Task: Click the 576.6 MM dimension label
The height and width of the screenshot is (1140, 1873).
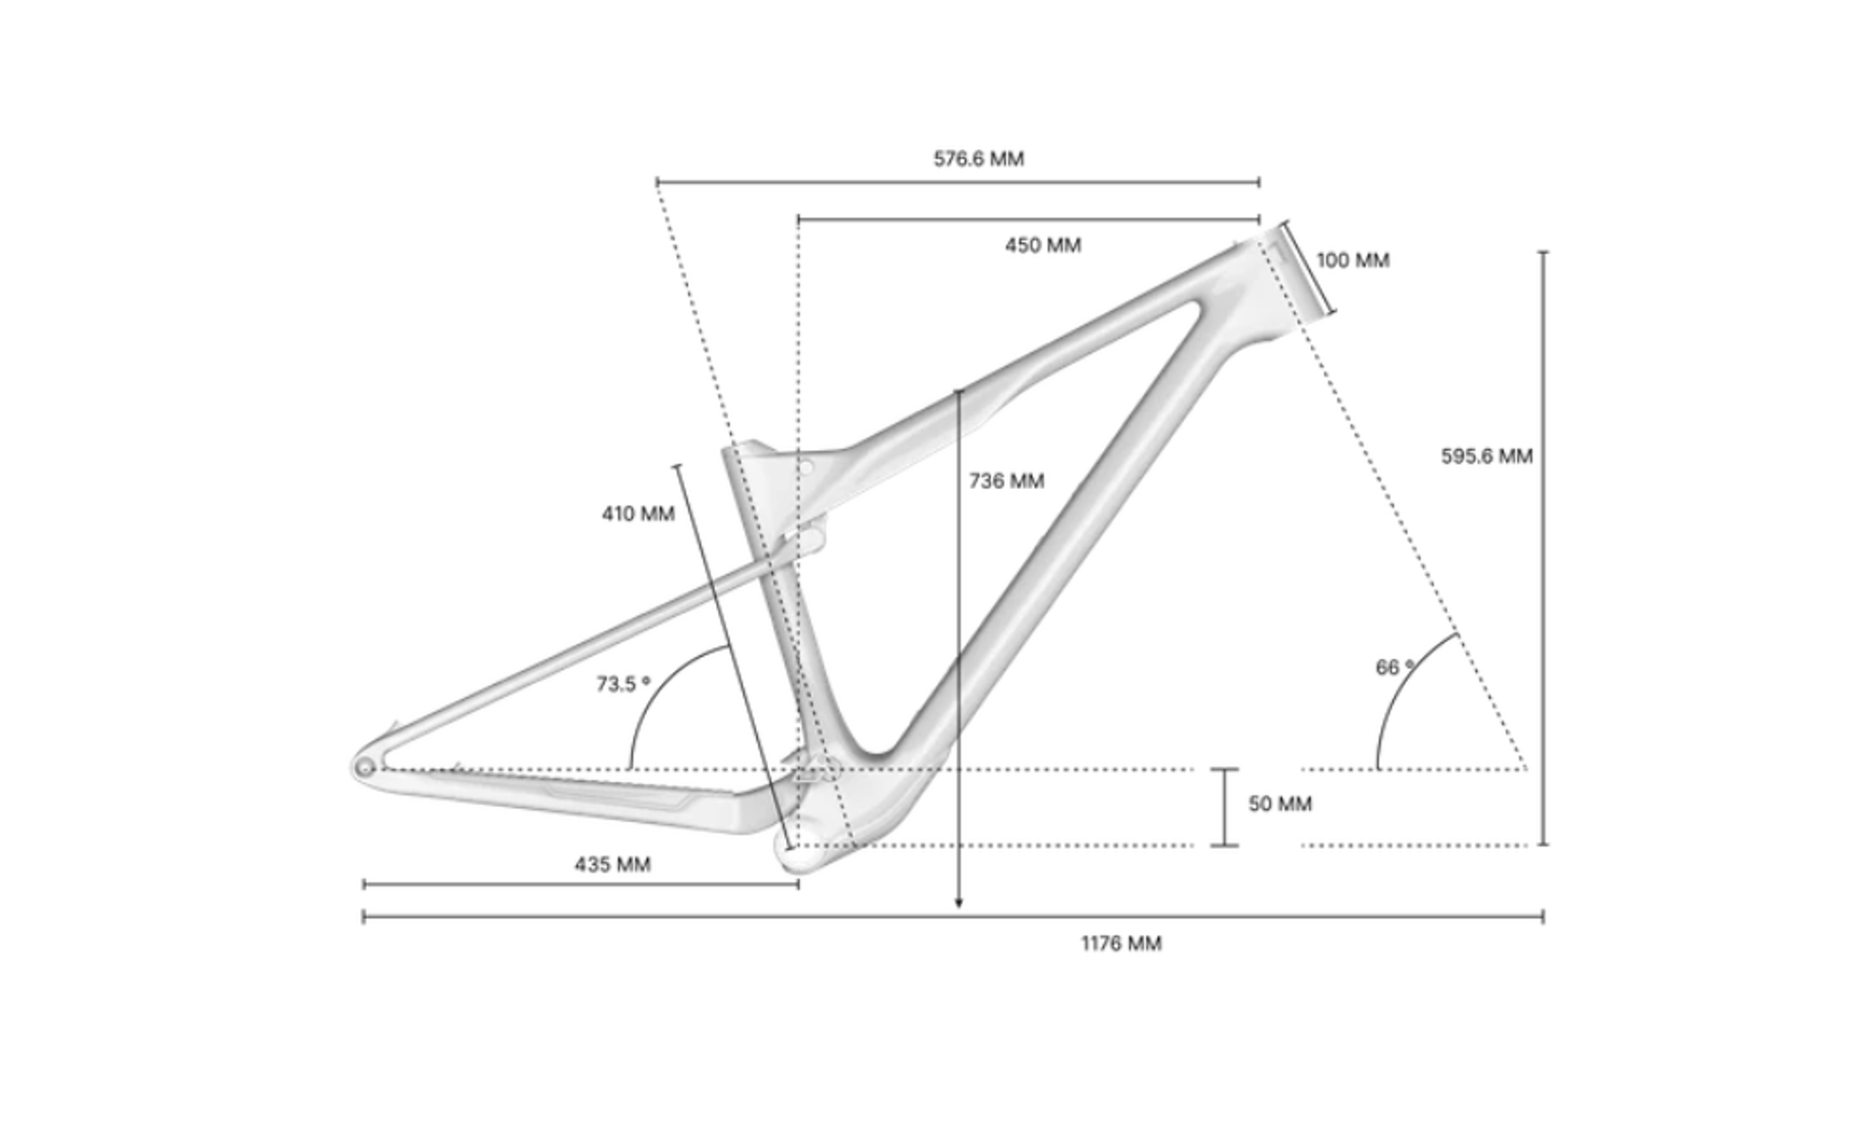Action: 978,158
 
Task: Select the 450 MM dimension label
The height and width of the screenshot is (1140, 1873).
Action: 1043,245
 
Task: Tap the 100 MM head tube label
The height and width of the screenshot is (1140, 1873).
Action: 1352,260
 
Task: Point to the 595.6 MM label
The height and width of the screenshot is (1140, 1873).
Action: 1487,456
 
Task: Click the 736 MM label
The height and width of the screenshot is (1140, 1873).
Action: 1007,480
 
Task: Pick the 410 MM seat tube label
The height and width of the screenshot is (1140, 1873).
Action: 638,512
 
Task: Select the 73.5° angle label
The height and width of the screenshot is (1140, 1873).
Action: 623,683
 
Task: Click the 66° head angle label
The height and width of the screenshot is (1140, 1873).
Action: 1395,667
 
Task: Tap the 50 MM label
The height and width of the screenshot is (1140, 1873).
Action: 1280,803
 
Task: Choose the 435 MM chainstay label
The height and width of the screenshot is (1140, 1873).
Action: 613,864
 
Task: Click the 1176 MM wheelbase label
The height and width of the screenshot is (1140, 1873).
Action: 1121,943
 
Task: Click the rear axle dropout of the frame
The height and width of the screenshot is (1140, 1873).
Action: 366,768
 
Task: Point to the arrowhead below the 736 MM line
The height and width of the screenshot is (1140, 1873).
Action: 958,903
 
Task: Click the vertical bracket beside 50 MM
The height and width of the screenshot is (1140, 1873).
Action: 1225,807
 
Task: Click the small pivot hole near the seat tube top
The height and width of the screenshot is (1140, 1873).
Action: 805,468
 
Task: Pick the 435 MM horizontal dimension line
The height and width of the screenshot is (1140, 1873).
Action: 581,884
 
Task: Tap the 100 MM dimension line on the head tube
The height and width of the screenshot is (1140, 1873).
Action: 1309,268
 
